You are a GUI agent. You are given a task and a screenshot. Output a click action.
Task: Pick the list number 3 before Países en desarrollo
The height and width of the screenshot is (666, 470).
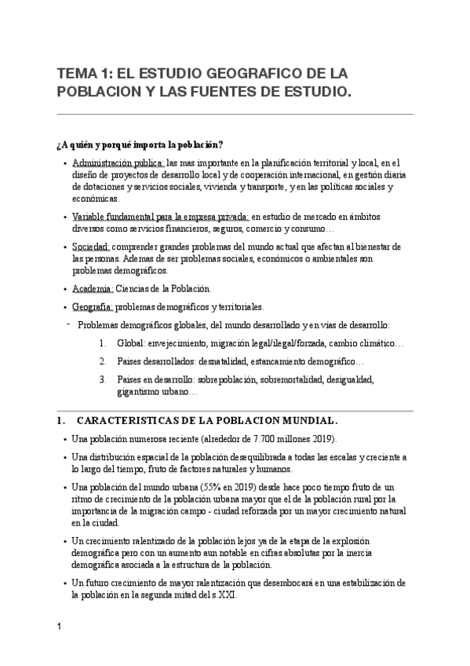103,379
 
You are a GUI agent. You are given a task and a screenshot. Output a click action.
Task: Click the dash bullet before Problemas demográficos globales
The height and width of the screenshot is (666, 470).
70,324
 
